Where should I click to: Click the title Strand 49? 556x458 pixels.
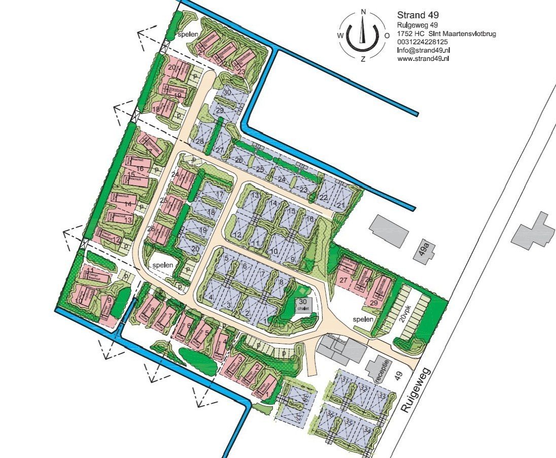(x=414, y=15)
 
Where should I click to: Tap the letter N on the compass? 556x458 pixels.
(x=363, y=12)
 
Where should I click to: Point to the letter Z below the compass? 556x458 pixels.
(x=363, y=59)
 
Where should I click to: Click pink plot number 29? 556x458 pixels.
(x=374, y=303)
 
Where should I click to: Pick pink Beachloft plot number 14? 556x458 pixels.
(x=127, y=204)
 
